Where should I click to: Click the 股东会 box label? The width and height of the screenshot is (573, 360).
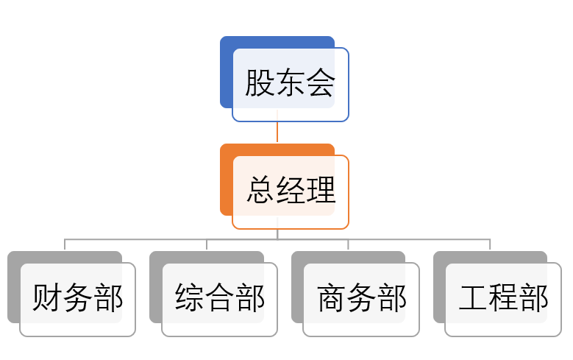tap(290, 84)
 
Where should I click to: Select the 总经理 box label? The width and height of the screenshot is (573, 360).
tap(291, 191)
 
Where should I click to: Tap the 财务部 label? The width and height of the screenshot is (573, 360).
tap(77, 299)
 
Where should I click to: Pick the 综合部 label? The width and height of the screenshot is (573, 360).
tap(219, 299)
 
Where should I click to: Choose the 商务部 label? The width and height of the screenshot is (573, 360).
tap(361, 299)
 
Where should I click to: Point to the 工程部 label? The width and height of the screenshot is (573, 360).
tap(503, 299)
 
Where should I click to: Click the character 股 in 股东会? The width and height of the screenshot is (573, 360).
tap(260, 84)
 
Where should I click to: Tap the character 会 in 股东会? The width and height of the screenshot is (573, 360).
tap(320, 84)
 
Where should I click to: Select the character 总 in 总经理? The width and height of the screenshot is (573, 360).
tap(261, 191)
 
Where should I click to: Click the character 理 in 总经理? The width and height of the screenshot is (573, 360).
tap(321, 191)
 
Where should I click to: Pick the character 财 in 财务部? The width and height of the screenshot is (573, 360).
tap(47, 299)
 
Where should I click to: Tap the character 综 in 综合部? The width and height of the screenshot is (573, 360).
tap(190, 299)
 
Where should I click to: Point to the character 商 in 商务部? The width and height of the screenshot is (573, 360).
tap(332, 299)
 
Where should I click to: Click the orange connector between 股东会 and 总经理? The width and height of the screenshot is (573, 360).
tap(277, 133)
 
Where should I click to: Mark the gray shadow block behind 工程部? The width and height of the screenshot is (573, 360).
tap(439, 287)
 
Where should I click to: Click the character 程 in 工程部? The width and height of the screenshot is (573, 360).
tap(503, 299)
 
